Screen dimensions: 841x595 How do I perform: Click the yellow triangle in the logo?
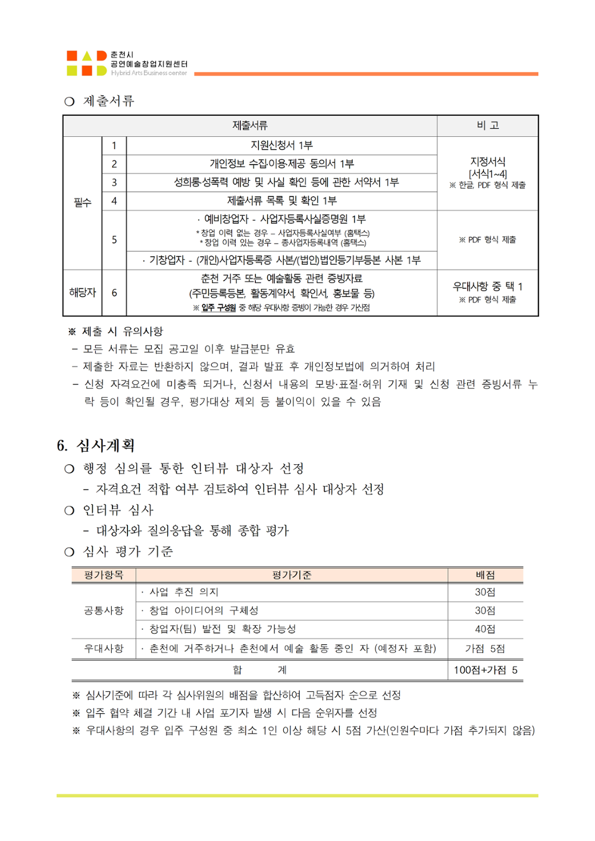pyautogui.click(x=87, y=56)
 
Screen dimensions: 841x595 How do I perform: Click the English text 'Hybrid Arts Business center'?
pyautogui.click(x=149, y=73)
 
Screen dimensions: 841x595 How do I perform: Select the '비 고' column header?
pyautogui.click(x=487, y=125)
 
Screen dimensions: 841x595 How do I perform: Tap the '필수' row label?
pyautogui.click(x=82, y=203)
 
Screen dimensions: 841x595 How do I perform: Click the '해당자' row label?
pyautogui.click(x=82, y=292)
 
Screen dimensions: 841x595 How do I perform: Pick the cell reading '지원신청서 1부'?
pyautogui.click(x=281, y=146)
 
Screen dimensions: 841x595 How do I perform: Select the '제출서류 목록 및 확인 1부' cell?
pyautogui.click(x=281, y=201)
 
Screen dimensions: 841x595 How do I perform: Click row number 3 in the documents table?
pyautogui.click(x=114, y=182)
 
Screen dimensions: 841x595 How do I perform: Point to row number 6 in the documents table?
pyautogui.click(x=114, y=292)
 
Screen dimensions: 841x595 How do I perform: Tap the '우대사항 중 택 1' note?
pyautogui.click(x=487, y=286)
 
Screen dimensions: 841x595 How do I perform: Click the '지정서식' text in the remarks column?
pyautogui.click(x=487, y=162)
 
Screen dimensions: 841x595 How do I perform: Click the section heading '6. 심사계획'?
pyautogui.click(x=96, y=445)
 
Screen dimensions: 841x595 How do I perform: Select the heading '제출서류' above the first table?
pyautogui.click(x=108, y=101)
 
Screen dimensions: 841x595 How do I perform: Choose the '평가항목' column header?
pyautogui.click(x=104, y=575)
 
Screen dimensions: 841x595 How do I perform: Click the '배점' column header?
pyautogui.click(x=485, y=575)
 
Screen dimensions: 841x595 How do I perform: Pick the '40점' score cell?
pyautogui.click(x=485, y=629)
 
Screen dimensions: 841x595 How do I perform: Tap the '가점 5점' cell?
pyautogui.click(x=485, y=648)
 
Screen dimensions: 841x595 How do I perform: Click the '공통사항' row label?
pyautogui.click(x=104, y=610)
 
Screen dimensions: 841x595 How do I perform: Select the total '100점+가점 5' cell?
pyautogui.click(x=485, y=670)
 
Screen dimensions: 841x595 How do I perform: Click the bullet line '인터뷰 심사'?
pyautogui.click(x=118, y=510)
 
